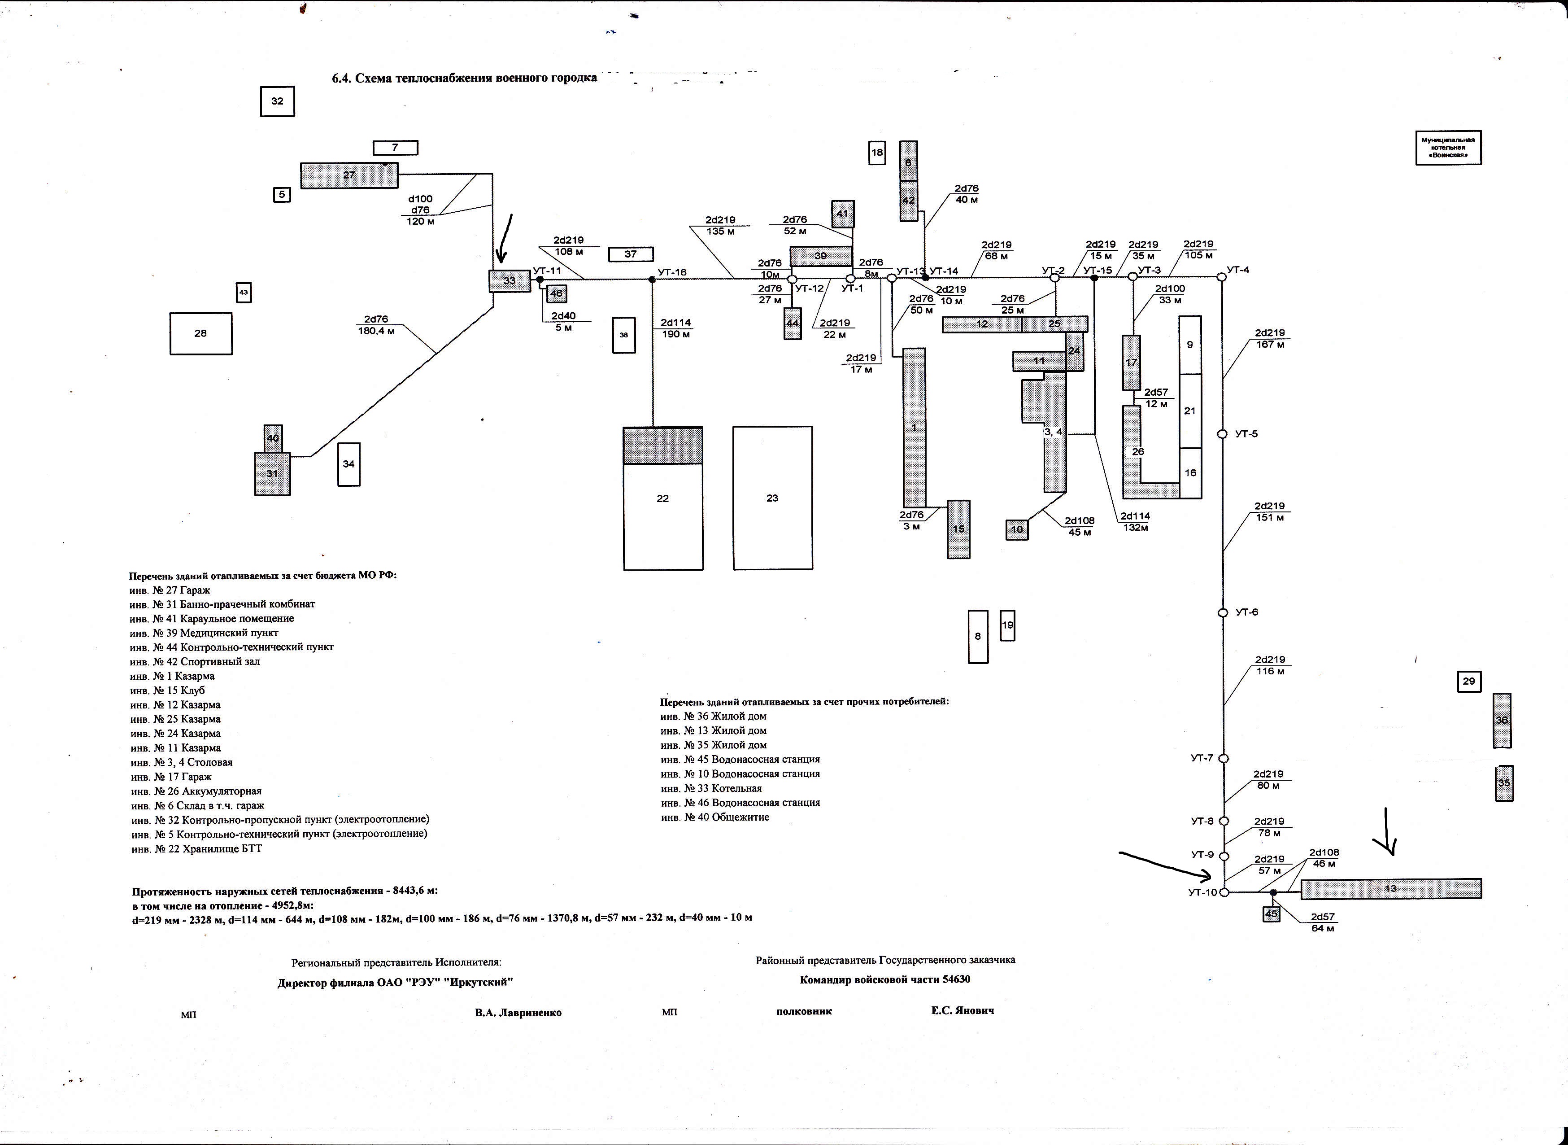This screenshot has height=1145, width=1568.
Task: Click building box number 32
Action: [x=277, y=101]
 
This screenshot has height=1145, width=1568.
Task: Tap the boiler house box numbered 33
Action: [x=509, y=281]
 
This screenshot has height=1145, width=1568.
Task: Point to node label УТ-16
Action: [x=672, y=272]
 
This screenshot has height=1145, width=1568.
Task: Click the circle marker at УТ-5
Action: [x=1222, y=434]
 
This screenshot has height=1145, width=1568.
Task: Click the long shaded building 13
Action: [x=1391, y=888]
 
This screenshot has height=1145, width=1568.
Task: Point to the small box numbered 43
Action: [x=243, y=293]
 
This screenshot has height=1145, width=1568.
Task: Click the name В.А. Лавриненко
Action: [x=518, y=1013]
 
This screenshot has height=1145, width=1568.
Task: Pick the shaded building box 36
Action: [x=1502, y=720]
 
